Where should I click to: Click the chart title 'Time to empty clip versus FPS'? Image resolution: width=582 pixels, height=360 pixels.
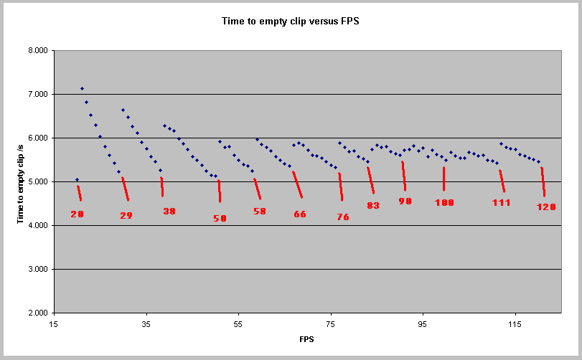coord(291,22)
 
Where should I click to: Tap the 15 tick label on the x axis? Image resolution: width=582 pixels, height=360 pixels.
coord(54,325)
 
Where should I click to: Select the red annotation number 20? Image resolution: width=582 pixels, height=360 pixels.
coord(78,214)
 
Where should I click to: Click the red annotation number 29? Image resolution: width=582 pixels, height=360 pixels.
coord(126,215)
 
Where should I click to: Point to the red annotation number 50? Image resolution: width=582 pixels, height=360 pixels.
coord(220,218)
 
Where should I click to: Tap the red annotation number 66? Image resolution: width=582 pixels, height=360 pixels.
coord(300,214)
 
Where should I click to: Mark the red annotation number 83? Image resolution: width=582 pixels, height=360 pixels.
coord(373,205)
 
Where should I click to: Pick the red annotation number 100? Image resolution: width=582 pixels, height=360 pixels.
coord(444,203)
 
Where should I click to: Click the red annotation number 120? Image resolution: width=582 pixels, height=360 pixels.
coord(546,207)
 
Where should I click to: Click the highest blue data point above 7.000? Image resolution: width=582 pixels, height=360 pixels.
coord(82,88)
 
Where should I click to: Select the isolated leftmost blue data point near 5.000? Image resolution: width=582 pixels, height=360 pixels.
coord(77,179)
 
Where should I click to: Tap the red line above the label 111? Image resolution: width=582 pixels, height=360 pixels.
coord(502,181)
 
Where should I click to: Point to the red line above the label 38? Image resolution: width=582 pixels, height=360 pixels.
coord(162,186)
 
